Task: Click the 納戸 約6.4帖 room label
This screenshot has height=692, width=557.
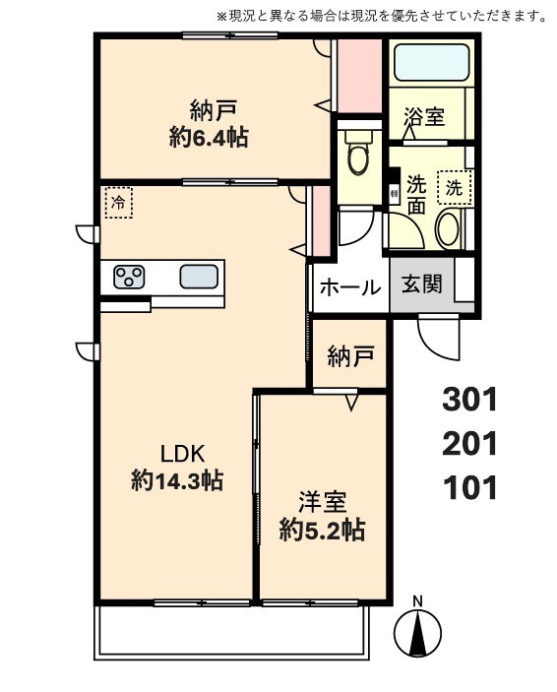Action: click(208, 123)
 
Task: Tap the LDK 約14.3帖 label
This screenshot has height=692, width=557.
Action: click(176, 467)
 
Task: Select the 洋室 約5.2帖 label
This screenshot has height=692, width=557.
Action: click(321, 516)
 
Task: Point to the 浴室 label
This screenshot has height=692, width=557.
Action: click(424, 116)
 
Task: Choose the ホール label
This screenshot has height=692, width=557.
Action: click(348, 287)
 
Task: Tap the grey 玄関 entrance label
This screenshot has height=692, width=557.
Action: click(421, 285)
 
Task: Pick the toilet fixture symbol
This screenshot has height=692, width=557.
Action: click(357, 154)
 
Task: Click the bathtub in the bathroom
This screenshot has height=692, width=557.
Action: click(432, 64)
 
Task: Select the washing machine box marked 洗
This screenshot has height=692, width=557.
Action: click(454, 185)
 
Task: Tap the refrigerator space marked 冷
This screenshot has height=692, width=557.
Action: click(118, 204)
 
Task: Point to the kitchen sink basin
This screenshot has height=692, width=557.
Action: click(199, 277)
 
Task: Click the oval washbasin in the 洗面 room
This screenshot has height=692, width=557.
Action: click(447, 228)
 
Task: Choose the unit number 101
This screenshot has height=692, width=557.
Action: click(470, 487)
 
